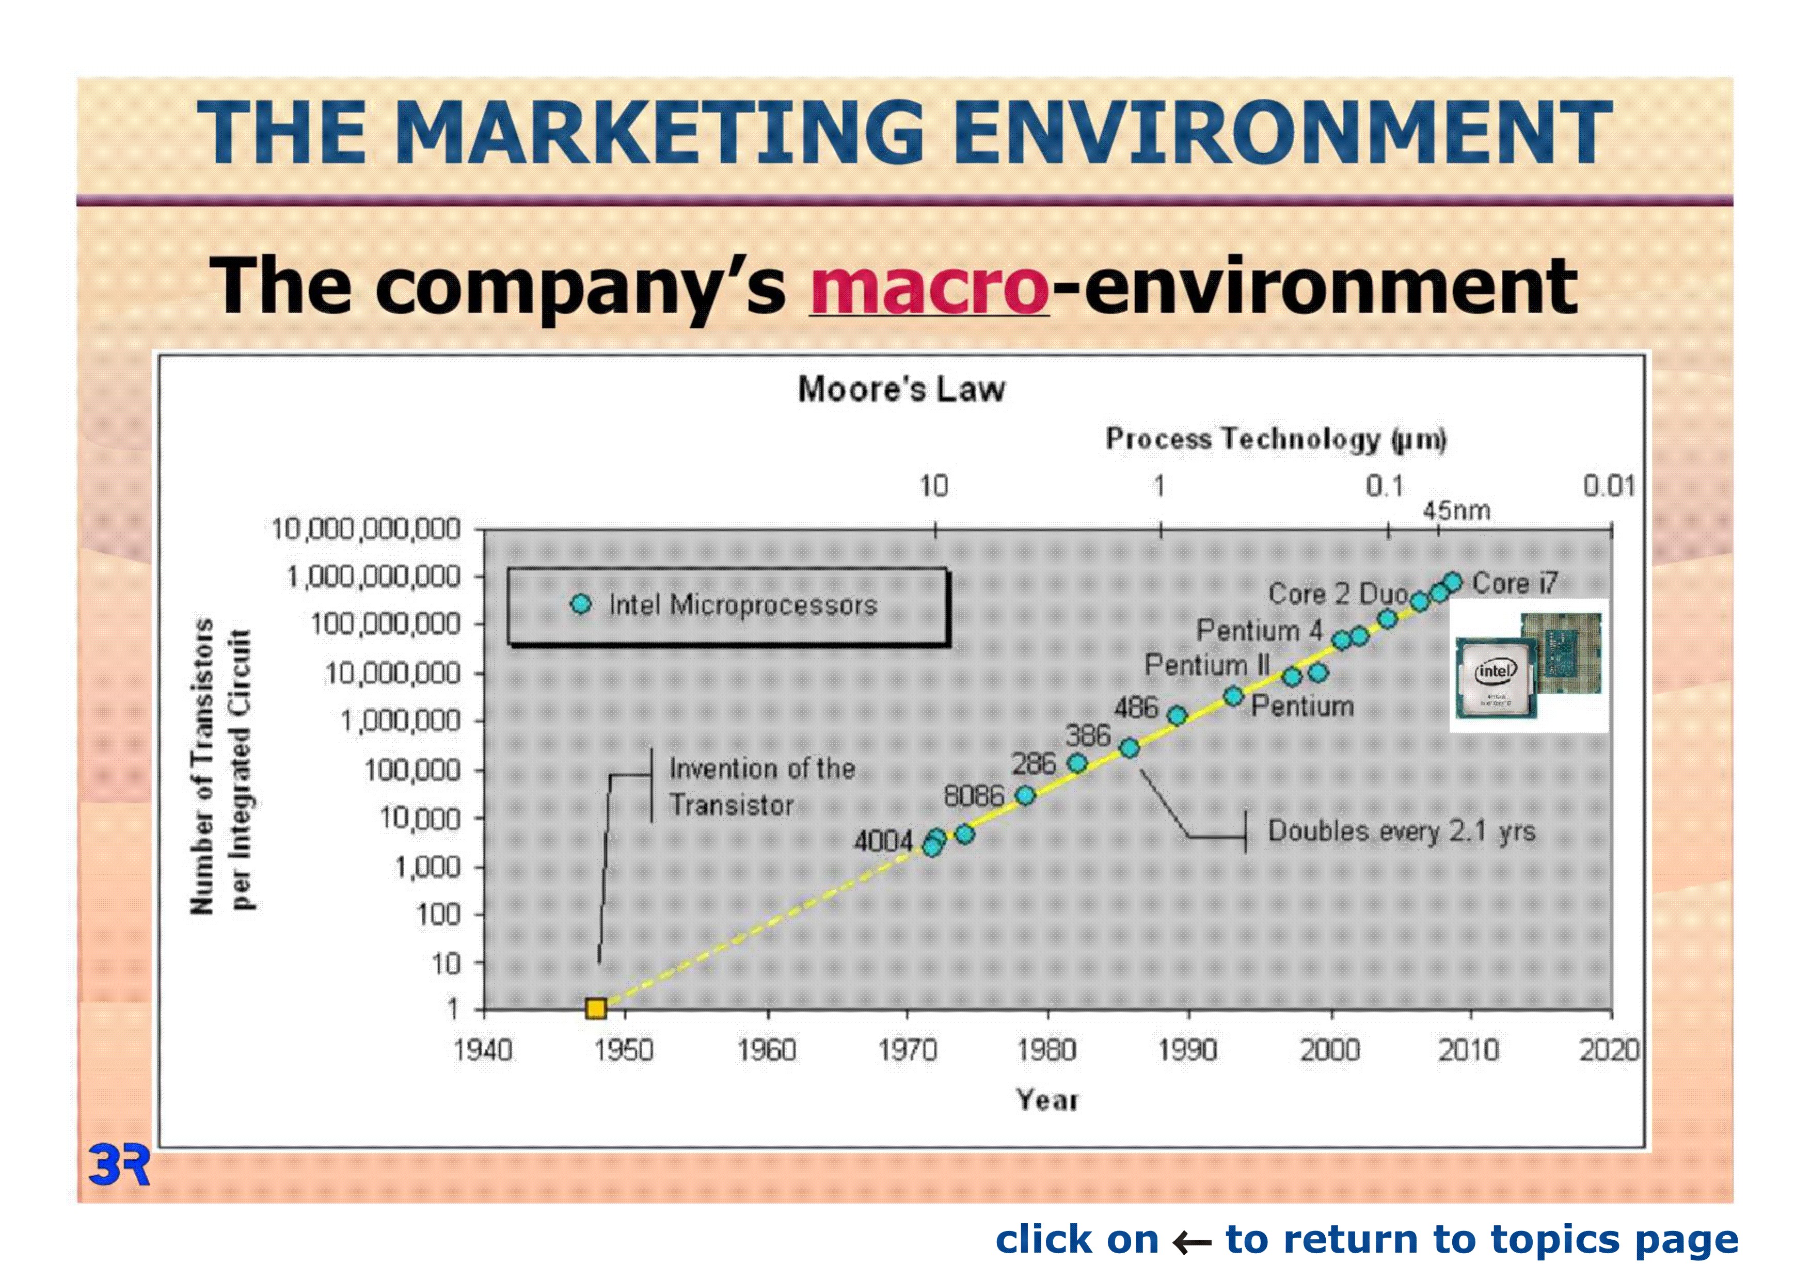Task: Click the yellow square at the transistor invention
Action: (x=596, y=1008)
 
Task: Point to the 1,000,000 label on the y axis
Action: (x=401, y=721)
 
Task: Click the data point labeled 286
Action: (x=1077, y=763)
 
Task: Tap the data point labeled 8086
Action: (x=1025, y=795)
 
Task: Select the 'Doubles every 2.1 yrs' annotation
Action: (x=1402, y=831)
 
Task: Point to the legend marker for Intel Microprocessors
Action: (x=581, y=604)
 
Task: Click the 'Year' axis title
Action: (x=1046, y=1099)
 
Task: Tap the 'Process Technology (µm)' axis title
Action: (x=1276, y=439)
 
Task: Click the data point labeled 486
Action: (x=1177, y=715)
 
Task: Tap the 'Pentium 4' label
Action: (x=1260, y=630)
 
